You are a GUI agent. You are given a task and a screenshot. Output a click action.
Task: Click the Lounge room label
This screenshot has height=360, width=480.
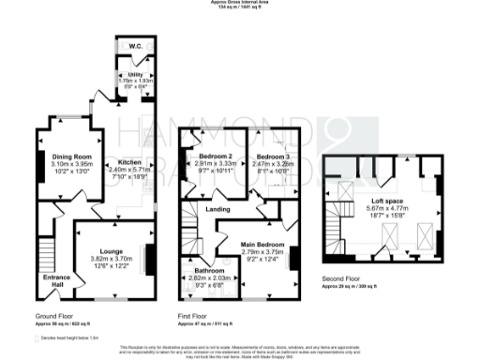[x=112, y=225]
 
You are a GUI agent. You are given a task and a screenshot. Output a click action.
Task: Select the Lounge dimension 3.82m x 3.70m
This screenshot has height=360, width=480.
[x=112, y=232]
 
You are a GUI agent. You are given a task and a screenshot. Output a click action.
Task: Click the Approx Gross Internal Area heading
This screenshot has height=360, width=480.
[x=240, y=4]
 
